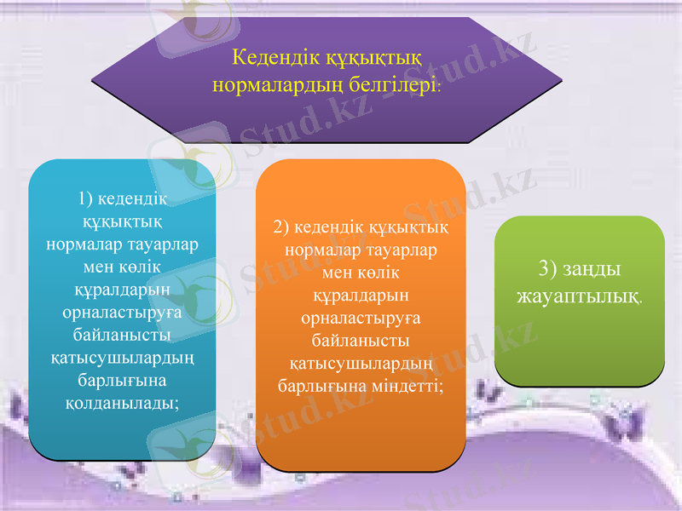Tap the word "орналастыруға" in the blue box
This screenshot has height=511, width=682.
122,311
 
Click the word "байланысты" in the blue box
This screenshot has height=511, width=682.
122,334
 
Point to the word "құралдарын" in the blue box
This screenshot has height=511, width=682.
122,289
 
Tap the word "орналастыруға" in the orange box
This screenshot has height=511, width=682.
361,318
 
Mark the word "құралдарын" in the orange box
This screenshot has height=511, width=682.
361,296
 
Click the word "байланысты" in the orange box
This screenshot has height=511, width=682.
361,341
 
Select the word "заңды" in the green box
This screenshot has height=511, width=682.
593,269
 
